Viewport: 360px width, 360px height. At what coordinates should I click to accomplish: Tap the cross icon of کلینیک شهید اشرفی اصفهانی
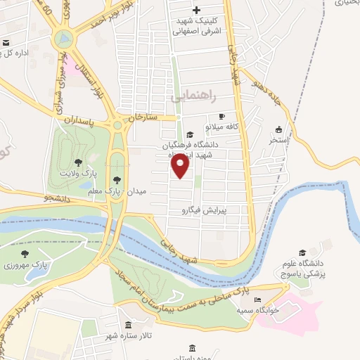[x=196, y=10]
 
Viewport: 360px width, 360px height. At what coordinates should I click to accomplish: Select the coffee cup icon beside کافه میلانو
[x=222, y=117]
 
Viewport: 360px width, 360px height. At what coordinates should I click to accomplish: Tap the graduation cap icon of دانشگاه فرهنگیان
[x=189, y=134]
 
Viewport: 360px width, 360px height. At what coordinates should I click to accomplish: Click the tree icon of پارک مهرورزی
[x=25, y=254]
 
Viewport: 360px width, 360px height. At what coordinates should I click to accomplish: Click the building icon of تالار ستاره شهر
[x=128, y=325]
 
